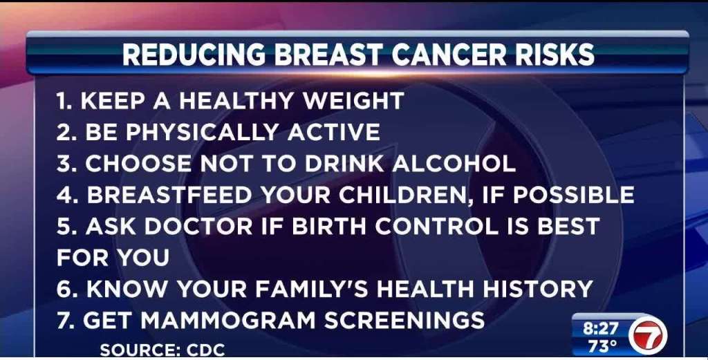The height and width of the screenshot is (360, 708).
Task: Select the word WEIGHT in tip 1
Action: (353, 101)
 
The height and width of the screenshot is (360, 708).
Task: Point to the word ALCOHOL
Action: (454, 163)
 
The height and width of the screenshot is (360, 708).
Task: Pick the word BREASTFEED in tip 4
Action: (169, 195)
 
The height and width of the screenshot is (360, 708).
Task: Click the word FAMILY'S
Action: (312, 289)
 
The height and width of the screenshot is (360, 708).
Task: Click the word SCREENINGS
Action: (404, 321)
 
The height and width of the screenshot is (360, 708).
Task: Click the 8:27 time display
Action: (602, 328)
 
